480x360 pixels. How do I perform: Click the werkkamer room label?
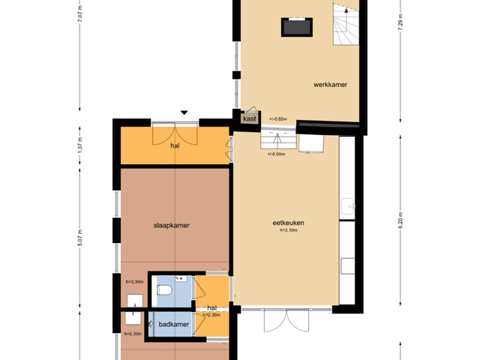point(330,85)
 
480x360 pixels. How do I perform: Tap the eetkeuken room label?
point(288,223)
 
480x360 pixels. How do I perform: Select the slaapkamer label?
point(172,226)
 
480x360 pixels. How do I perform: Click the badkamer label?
point(173,324)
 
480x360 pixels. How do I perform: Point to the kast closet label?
point(250,118)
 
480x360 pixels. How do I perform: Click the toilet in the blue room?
point(164,290)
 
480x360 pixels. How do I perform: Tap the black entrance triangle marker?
point(184,112)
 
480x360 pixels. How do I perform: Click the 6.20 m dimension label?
point(400,220)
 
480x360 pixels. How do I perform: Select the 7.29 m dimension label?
point(400,22)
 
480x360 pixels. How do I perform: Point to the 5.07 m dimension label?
point(80,237)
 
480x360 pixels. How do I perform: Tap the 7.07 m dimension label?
point(80,13)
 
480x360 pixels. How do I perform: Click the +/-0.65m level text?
point(278,119)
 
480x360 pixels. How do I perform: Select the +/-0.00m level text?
point(276,154)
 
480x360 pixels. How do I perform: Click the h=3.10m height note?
point(288,230)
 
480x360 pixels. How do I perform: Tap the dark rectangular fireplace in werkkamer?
point(297,27)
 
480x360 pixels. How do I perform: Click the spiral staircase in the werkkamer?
point(346,25)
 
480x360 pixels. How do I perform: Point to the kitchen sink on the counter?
point(348,206)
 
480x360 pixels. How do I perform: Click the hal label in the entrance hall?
point(175,145)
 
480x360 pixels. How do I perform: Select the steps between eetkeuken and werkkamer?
point(278,139)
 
